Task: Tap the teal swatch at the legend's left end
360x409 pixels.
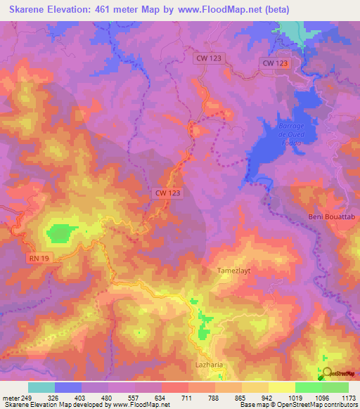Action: coord(41,387)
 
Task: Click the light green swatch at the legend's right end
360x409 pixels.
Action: coord(335,387)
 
